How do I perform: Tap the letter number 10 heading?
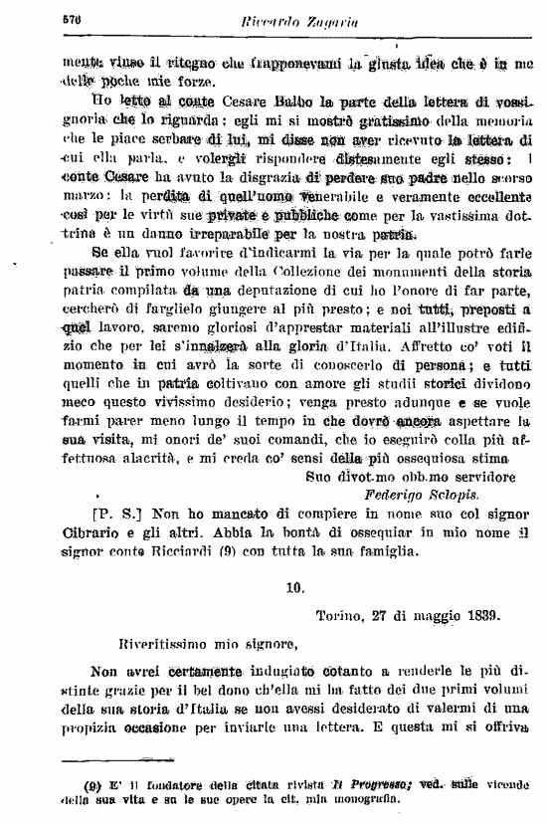[x=295, y=587]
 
